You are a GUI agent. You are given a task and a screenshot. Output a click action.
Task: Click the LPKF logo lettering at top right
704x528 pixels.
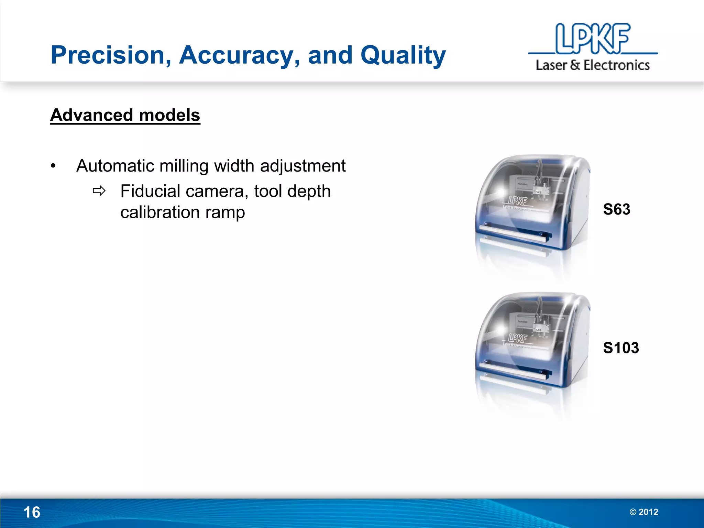click(593, 38)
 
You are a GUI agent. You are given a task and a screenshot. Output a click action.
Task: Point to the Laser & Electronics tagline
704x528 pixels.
click(593, 65)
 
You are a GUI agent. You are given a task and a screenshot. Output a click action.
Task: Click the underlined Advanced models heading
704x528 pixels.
click(125, 115)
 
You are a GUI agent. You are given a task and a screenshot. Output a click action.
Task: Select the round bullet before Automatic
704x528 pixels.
click(53, 166)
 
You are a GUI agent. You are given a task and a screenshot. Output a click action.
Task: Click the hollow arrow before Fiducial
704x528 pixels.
click(99, 191)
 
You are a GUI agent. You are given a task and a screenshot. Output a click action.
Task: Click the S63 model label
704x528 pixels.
click(617, 209)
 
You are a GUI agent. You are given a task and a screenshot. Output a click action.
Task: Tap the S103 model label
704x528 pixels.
click(621, 348)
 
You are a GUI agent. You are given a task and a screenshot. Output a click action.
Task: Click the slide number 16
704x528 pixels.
click(32, 513)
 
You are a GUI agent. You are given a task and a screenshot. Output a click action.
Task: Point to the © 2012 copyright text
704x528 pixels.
click(644, 512)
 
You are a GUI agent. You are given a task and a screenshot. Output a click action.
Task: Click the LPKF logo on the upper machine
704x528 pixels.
click(517, 200)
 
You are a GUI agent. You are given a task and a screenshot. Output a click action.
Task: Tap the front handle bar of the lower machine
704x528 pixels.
click(512, 372)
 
